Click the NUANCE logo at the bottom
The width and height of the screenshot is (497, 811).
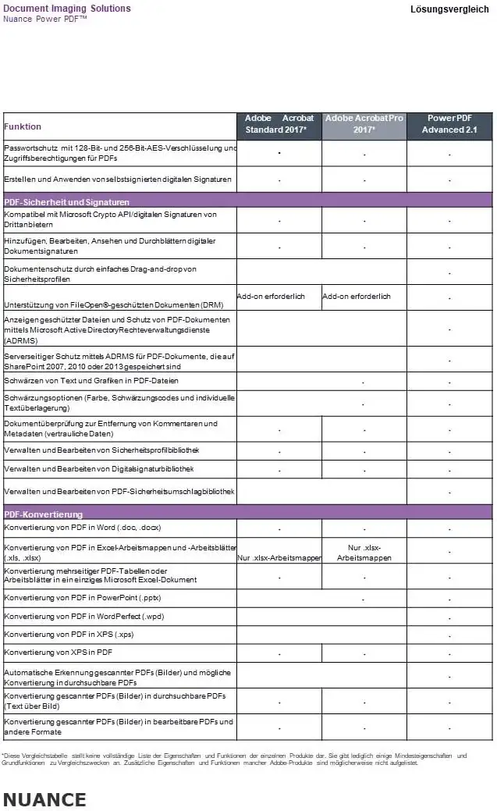[44, 799]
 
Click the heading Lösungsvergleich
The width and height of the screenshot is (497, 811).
[449, 9]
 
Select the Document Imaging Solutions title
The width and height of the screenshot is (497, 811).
[67, 9]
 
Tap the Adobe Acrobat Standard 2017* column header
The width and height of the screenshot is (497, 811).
[279, 124]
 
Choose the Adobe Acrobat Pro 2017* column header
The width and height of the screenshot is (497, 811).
[364, 124]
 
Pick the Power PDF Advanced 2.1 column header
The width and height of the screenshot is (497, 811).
[449, 124]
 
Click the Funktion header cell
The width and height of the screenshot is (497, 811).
[23, 126]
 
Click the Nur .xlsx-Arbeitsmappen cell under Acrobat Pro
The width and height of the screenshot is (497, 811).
[364, 553]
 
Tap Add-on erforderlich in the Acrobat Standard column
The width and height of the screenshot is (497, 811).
[271, 297]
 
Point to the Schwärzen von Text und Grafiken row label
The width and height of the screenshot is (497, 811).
[91, 381]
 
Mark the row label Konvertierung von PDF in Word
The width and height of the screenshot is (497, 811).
[82, 528]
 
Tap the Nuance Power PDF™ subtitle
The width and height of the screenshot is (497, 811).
[45, 19]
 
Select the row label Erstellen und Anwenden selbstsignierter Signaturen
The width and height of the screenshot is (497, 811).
[118, 180]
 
